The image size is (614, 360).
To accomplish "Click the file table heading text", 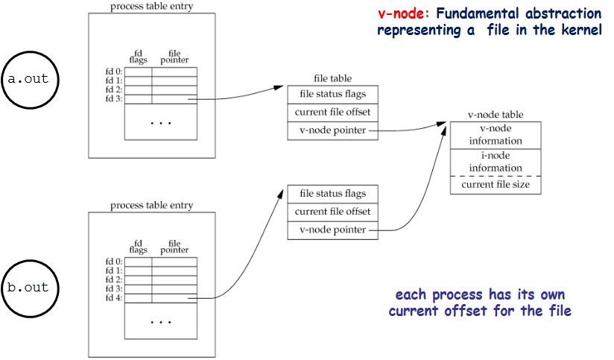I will tap(332, 78).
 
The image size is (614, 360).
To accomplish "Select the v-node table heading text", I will tap(495, 115).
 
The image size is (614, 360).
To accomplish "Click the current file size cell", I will tap(495, 184).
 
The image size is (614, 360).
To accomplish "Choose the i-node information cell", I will tap(495, 162).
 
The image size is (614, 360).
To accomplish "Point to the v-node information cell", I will tap(495, 134).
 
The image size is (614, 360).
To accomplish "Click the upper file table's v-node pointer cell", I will tap(332, 130).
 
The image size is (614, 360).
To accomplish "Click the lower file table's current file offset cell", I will tap(332, 212).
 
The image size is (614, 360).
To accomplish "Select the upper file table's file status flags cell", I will tap(332, 95).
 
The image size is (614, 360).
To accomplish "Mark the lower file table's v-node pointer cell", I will tap(332, 230).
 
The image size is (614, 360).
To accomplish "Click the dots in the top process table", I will tap(161, 121).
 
